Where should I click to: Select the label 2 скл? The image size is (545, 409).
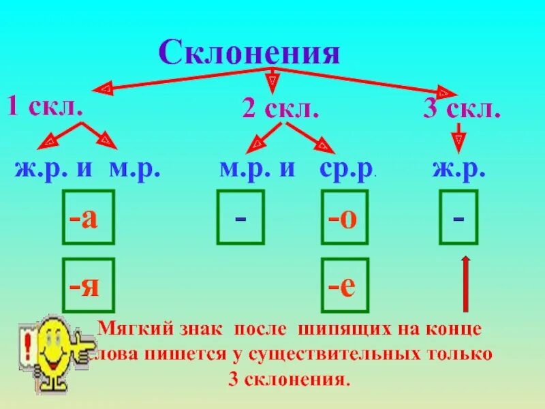(280, 108)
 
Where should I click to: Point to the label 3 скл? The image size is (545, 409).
(461, 110)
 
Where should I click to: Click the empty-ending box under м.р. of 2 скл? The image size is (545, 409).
(240, 217)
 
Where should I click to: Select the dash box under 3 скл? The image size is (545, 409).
(458, 217)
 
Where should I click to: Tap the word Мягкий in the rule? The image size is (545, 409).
(126, 329)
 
